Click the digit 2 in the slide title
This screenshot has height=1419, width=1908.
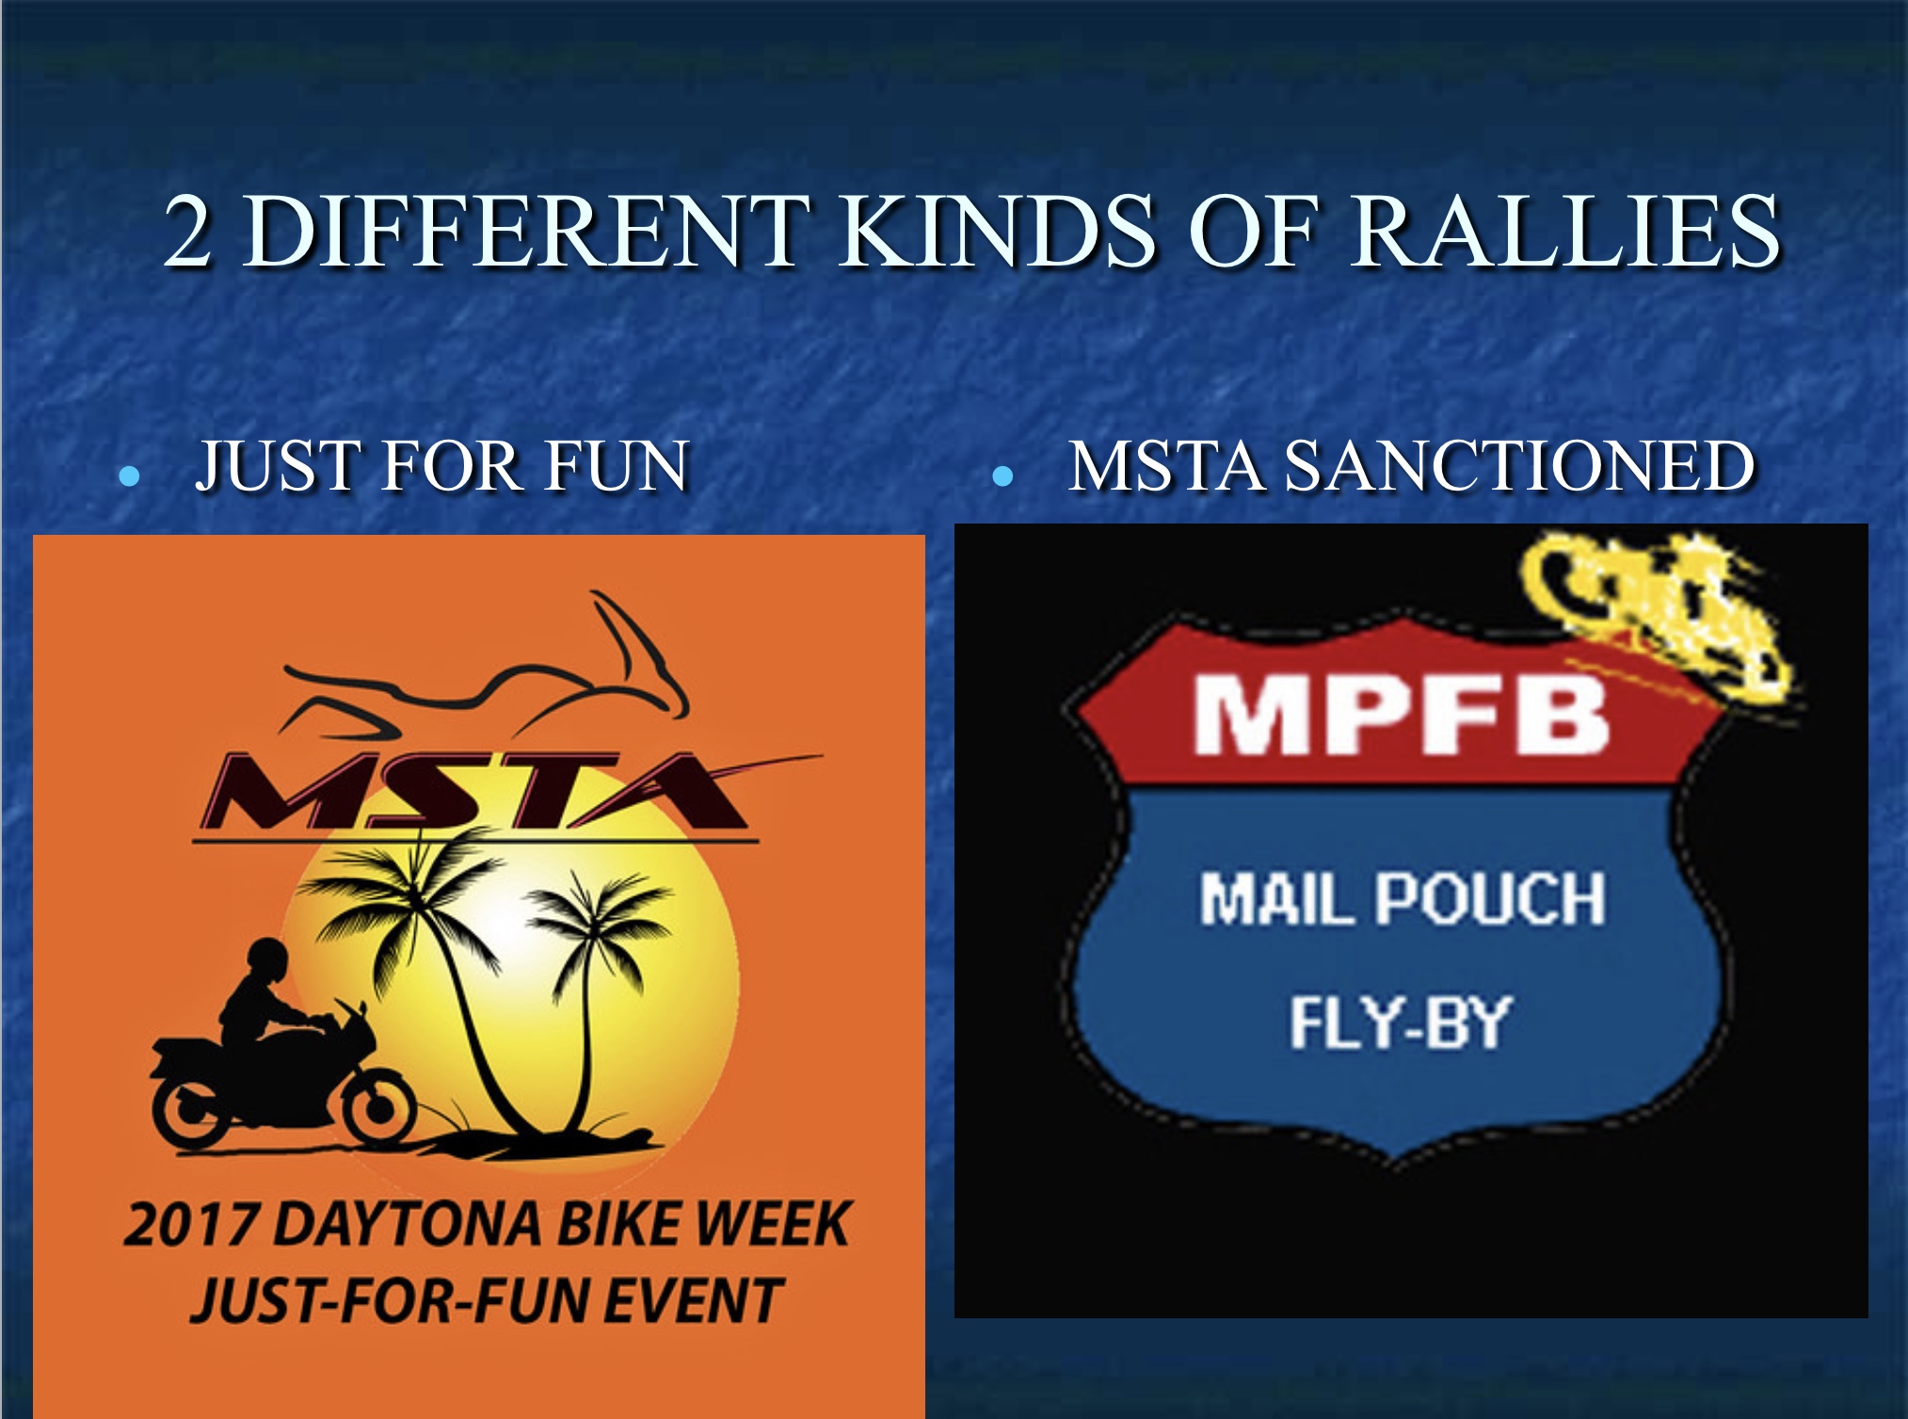coord(187,231)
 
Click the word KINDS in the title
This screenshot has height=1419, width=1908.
coord(997,231)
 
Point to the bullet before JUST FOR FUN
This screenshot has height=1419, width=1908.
coord(130,476)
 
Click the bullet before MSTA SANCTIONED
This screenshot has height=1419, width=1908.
coord(1003,476)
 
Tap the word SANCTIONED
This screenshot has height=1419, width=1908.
coord(1520,465)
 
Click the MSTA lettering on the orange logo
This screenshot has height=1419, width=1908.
coord(475,791)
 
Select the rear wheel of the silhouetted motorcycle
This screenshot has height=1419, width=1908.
coord(191,1112)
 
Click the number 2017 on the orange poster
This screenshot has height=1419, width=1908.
coord(191,1225)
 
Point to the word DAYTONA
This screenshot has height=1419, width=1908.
coord(409,1225)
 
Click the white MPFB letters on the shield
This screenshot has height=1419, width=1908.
coord(1402,715)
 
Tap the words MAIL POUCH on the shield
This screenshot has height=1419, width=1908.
coord(1403,898)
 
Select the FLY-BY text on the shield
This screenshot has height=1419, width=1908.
coord(1400,1023)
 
